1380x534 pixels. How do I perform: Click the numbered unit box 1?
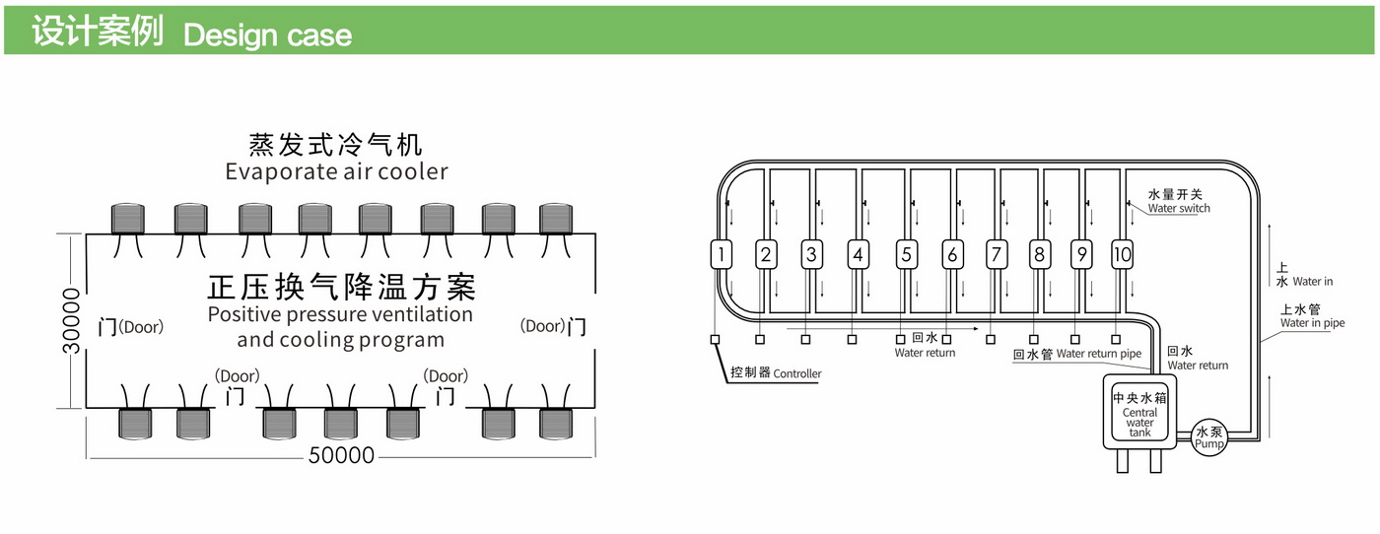[722, 255]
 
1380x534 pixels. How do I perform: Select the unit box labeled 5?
[906, 255]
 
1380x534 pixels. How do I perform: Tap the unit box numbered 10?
[1122, 255]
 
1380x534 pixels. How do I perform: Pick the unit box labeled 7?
[996, 255]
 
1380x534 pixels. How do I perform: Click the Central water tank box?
[1139, 413]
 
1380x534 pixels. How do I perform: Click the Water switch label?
[1179, 208]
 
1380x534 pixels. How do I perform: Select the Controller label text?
[796, 373]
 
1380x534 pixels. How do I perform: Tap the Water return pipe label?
[1098, 354]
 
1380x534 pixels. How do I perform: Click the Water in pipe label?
[1312, 322]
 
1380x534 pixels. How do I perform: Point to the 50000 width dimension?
[341, 455]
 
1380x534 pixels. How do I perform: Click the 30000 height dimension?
[71, 321]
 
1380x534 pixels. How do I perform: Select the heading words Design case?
[267, 35]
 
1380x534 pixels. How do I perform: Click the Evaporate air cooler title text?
[336, 171]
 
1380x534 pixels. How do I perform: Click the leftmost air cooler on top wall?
[128, 218]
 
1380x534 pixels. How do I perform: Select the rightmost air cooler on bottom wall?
[557, 423]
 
